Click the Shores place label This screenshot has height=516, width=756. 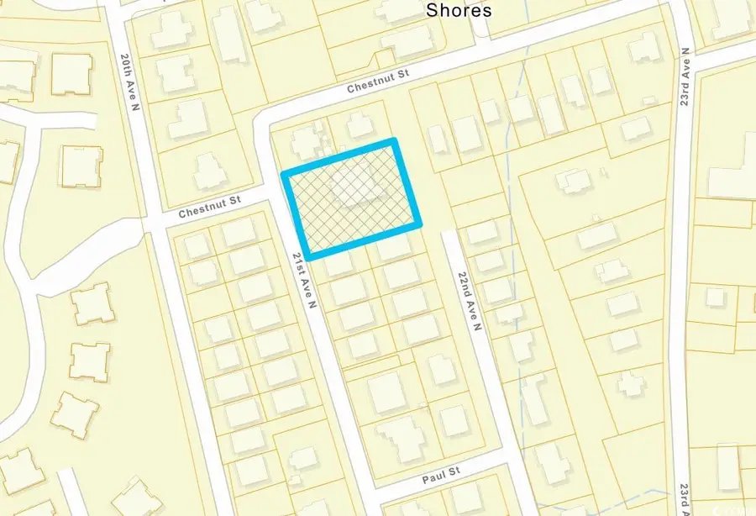click(x=459, y=10)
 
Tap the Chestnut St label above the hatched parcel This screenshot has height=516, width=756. click(x=377, y=80)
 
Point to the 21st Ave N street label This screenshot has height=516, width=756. click(x=303, y=279)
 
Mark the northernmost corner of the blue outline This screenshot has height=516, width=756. click(x=393, y=141)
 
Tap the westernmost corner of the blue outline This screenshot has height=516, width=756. click(x=284, y=174)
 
